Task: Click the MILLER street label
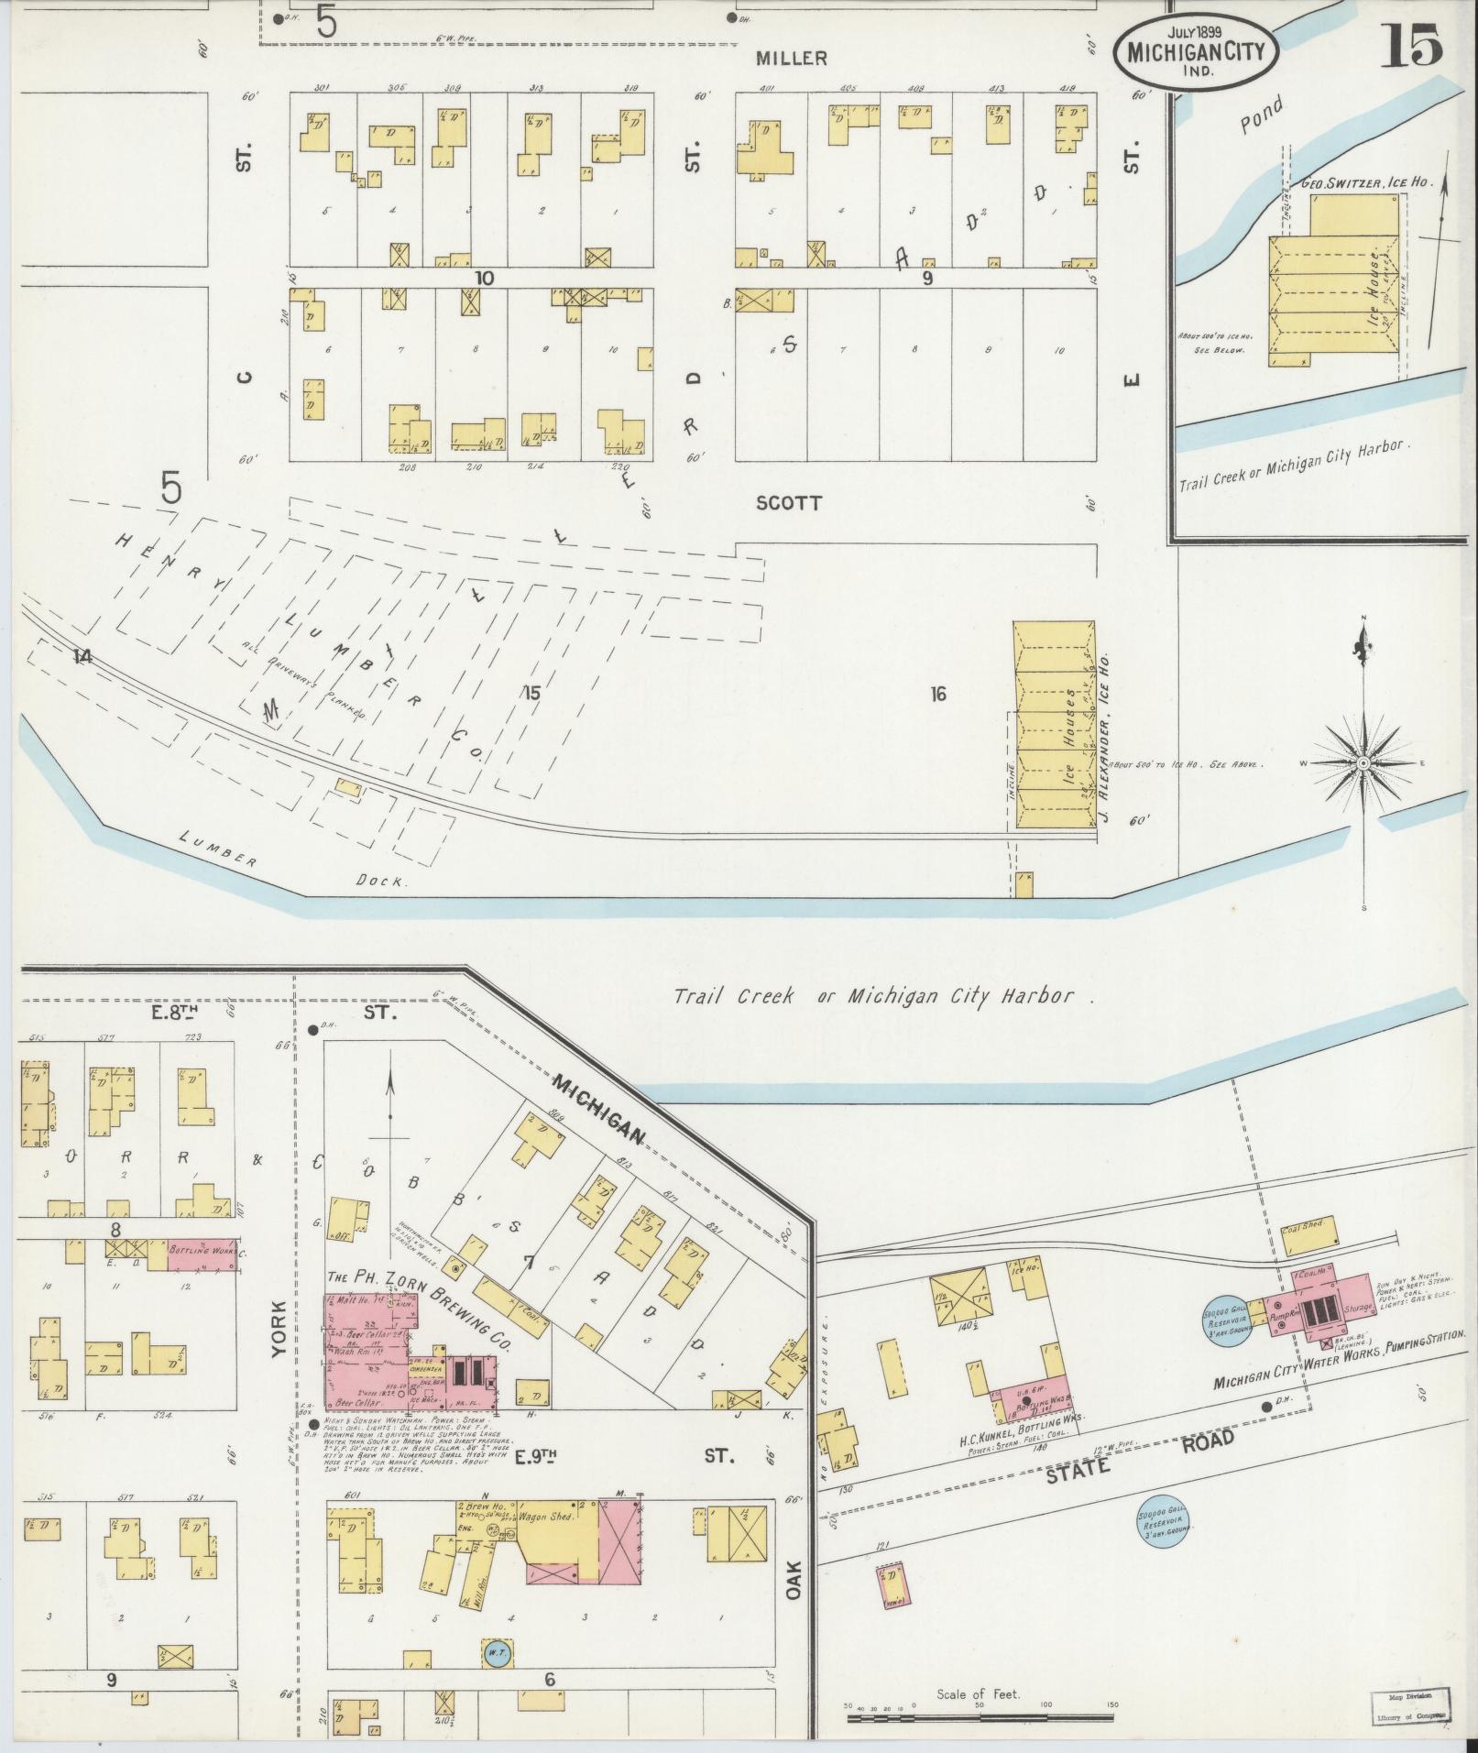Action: click(x=791, y=59)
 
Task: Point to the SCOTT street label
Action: click(x=789, y=503)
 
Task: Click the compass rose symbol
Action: click(x=1363, y=762)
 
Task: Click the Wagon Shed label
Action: click(x=547, y=1516)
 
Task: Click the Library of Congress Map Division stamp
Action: click(x=1409, y=1704)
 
